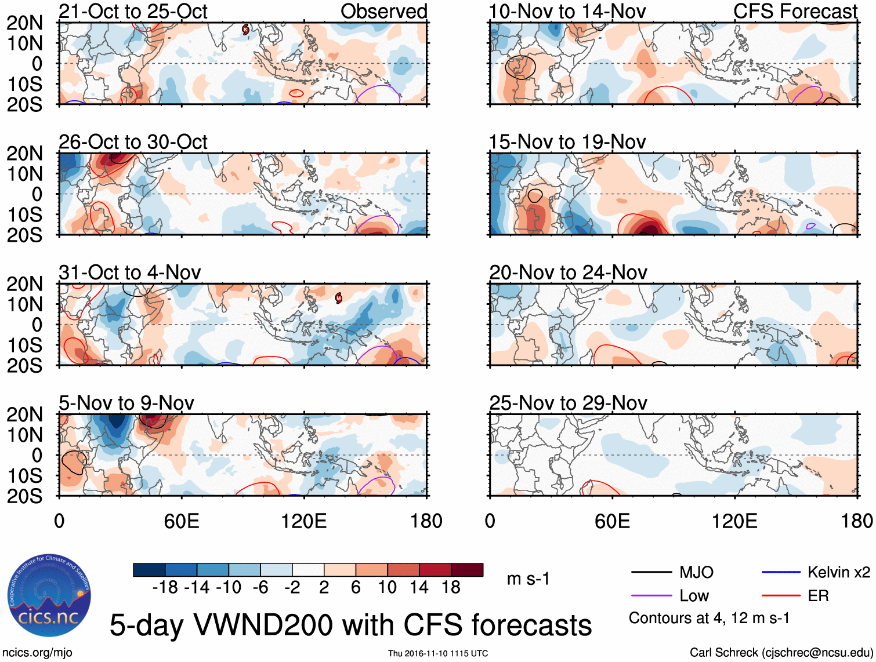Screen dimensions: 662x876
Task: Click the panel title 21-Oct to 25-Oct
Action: [x=133, y=12]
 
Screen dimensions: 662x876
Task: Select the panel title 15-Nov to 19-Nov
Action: [x=567, y=142]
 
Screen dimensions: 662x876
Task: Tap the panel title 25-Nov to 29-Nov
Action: [x=568, y=403]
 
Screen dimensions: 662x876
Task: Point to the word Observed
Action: [x=383, y=12]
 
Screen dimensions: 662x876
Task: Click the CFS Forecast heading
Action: [x=795, y=12]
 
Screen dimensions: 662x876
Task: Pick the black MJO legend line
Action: [x=651, y=572]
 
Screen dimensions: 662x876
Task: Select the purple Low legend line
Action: [x=651, y=595]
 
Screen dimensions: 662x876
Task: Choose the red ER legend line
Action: [x=781, y=595]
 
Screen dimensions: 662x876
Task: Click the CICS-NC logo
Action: [x=49, y=597]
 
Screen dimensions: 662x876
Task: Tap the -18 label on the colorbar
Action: [x=165, y=587]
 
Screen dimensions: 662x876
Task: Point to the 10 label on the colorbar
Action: [x=387, y=587]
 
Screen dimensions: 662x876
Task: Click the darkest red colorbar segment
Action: [x=467, y=570]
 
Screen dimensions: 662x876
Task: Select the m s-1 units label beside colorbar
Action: [x=528, y=579]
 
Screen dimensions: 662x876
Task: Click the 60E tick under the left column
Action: [x=182, y=521]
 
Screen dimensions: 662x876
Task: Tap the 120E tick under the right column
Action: [x=734, y=521]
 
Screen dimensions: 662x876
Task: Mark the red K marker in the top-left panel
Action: [x=245, y=29]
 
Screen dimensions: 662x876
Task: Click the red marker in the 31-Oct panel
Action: [x=339, y=298]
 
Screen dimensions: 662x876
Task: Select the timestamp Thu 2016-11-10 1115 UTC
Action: [x=438, y=653]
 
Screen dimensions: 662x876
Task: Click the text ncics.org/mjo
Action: [x=38, y=653]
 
